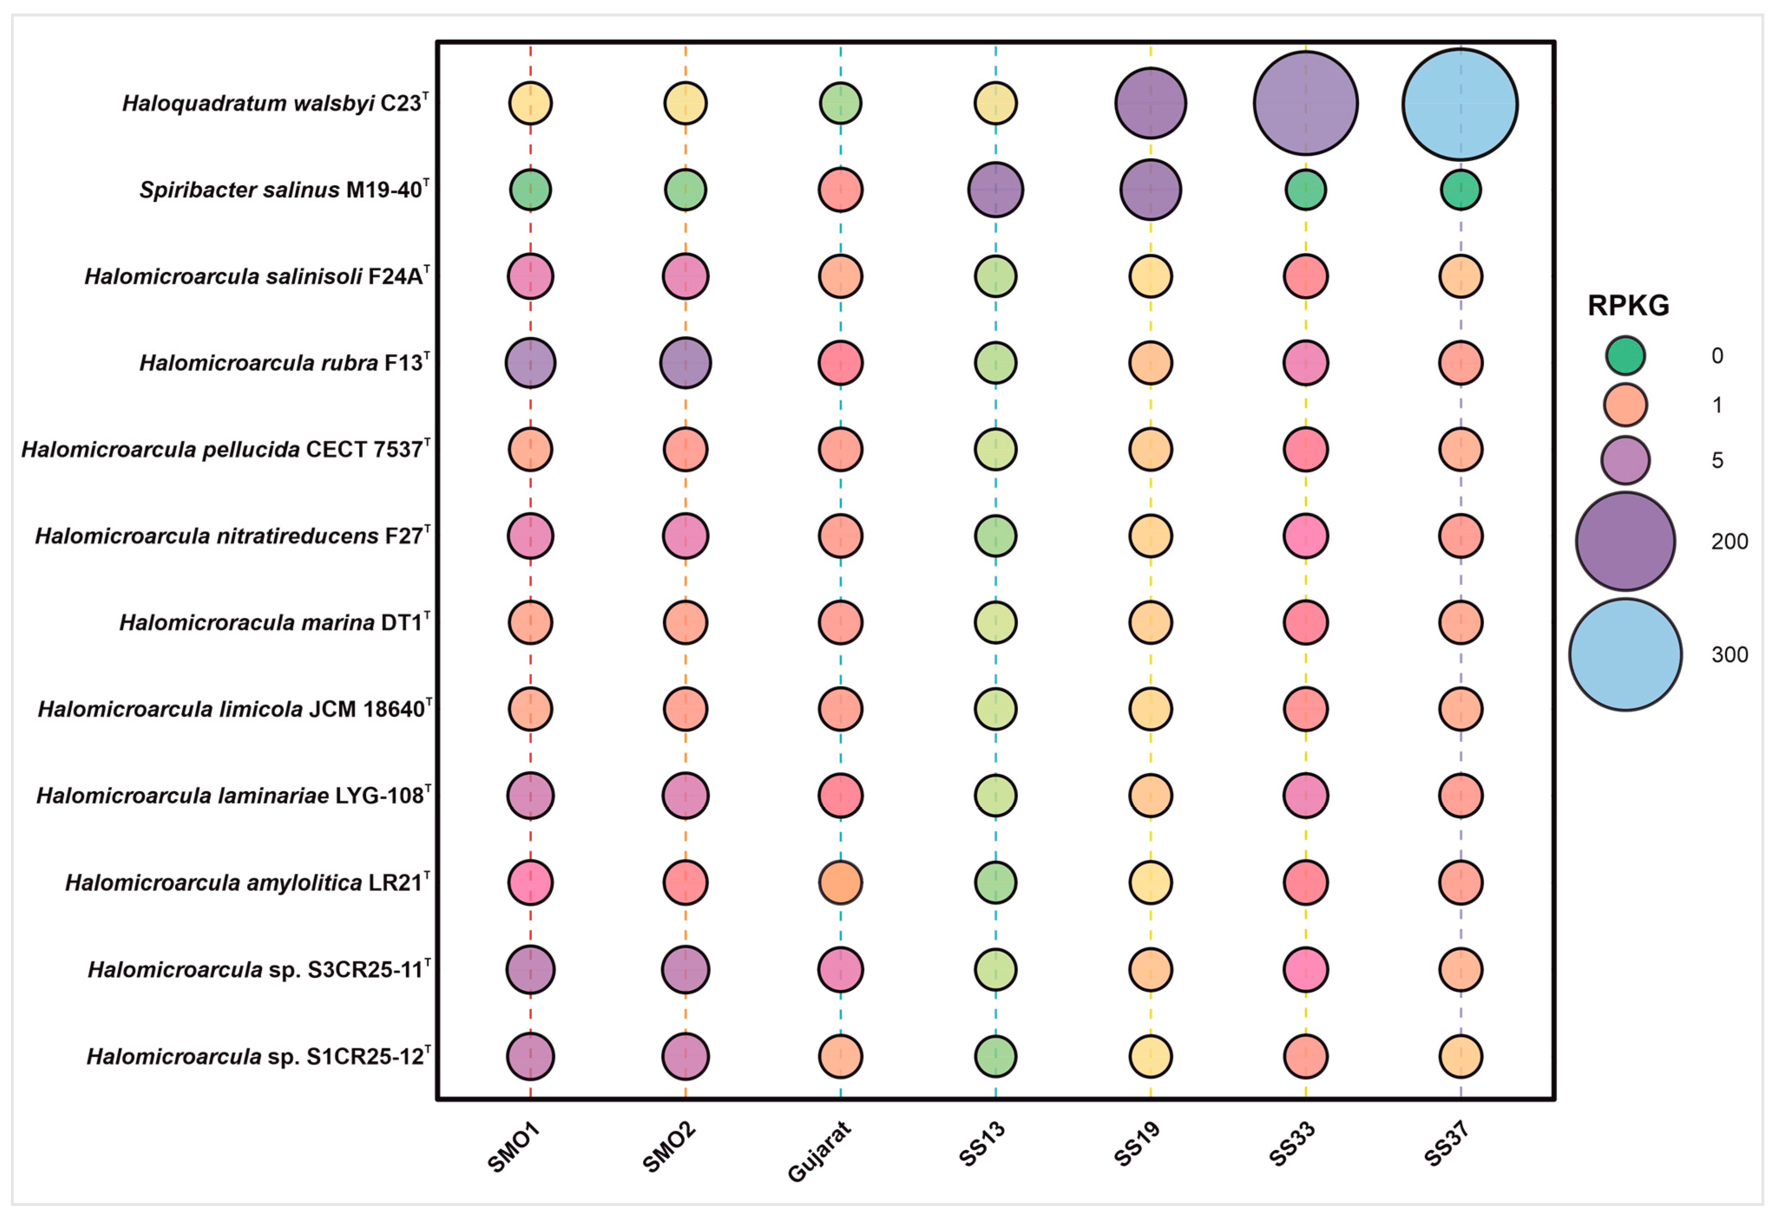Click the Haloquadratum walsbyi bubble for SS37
click(x=1460, y=104)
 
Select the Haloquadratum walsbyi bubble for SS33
click(x=1305, y=103)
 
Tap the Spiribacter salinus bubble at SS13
click(x=995, y=189)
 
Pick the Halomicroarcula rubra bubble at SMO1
click(x=530, y=363)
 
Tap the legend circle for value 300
click(x=1625, y=655)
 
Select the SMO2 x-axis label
click(x=669, y=1147)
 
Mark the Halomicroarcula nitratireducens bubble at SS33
click(x=1305, y=536)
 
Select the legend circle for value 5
click(x=1625, y=460)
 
